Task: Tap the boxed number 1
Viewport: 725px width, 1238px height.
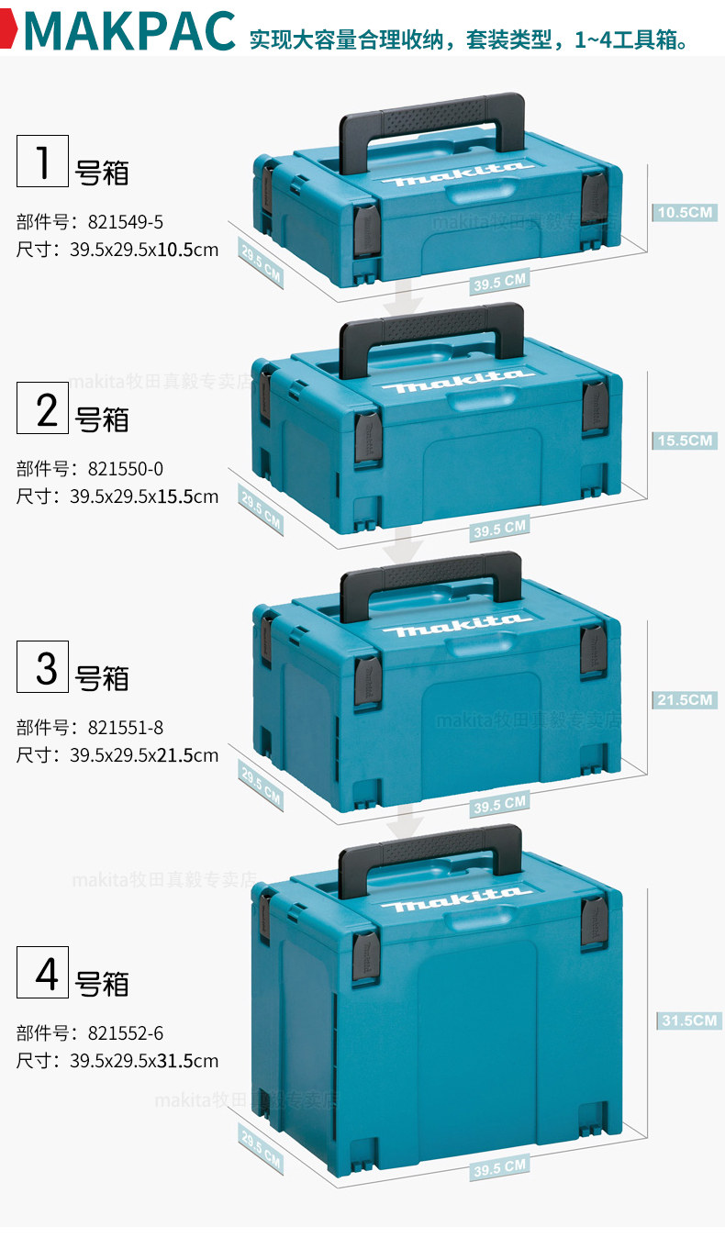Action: click(x=43, y=161)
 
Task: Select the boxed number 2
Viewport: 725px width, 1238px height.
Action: click(x=43, y=408)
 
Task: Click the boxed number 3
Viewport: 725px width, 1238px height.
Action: click(x=43, y=667)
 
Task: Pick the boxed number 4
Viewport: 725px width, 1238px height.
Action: click(x=43, y=972)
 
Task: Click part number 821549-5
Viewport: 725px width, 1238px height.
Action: click(x=126, y=222)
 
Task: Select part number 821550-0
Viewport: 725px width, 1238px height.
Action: click(x=126, y=469)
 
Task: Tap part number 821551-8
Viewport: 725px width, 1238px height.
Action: click(x=126, y=728)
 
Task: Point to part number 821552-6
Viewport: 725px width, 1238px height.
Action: click(x=126, y=1033)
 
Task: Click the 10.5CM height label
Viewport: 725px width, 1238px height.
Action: click(x=685, y=213)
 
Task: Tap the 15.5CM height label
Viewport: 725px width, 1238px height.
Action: click(x=685, y=441)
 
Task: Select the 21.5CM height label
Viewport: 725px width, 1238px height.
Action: click(x=685, y=700)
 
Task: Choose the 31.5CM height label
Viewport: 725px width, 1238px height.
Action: click(x=688, y=1021)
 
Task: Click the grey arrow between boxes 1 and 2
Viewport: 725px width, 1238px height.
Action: click(x=403, y=297)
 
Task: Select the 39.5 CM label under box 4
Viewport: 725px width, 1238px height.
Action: click(x=500, y=1168)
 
